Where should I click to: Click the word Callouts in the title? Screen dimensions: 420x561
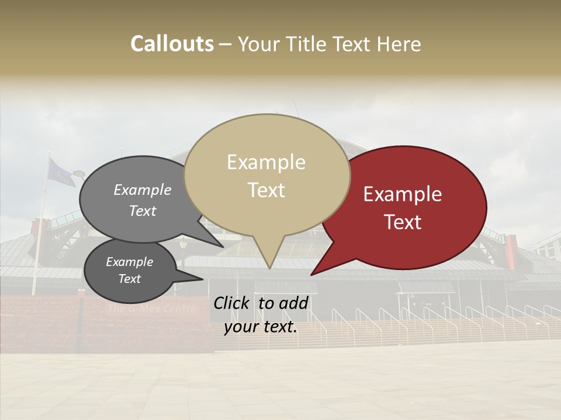click(x=172, y=44)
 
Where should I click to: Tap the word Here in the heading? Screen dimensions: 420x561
click(x=399, y=44)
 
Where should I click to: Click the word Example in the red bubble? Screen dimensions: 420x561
click(x=403, y=194)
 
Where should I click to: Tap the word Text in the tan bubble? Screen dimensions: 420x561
click(x=266, y=190)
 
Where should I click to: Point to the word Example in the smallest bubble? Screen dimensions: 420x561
click(x=129, y=262)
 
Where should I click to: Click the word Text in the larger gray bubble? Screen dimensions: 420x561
click(x=143, y=211)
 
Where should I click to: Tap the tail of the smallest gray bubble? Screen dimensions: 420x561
click(x=196, y=278)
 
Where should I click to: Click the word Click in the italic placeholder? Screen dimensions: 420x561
click(x=233, y=303)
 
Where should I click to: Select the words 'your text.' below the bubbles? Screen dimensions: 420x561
click(x=261, y=327)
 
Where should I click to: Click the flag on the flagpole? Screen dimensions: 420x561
click(x=61, y=172)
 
